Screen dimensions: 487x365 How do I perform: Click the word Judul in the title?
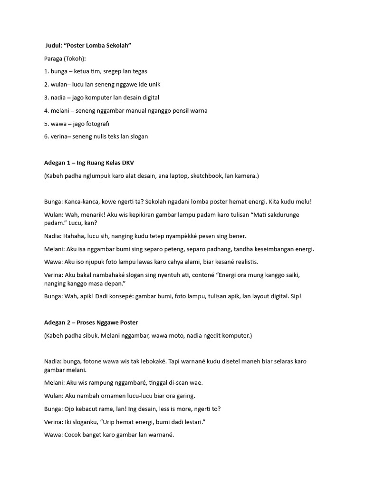[53, 45]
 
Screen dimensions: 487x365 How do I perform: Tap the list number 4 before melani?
[46, 111]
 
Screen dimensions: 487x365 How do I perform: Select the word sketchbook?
[207, 176]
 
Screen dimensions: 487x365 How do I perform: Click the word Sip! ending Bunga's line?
[295, 296]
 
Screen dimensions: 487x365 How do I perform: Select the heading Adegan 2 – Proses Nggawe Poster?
[91, 322]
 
